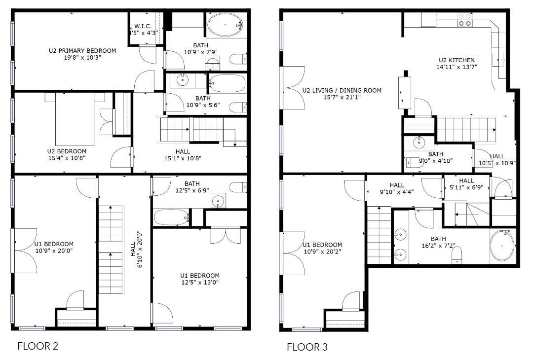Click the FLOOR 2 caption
point(38,346)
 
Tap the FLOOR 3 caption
point(307,347)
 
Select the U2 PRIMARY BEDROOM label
point(82,50)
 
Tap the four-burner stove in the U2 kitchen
point(464,20)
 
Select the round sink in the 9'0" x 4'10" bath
point(419,143)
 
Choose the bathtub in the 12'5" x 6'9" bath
point(171,217)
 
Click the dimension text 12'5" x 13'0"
point(200,283)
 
